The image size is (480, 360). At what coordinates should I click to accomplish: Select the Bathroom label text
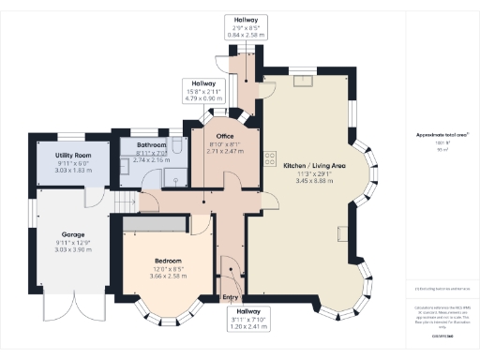pyautogui.click(x=150, y=146)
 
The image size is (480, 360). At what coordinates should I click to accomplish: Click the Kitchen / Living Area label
pyautogui.click(x=315, y=165)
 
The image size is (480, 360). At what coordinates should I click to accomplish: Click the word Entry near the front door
pyautogui.click(x=230, y=298)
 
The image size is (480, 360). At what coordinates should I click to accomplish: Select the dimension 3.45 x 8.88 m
pyautogui.click(x=315, y=179)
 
